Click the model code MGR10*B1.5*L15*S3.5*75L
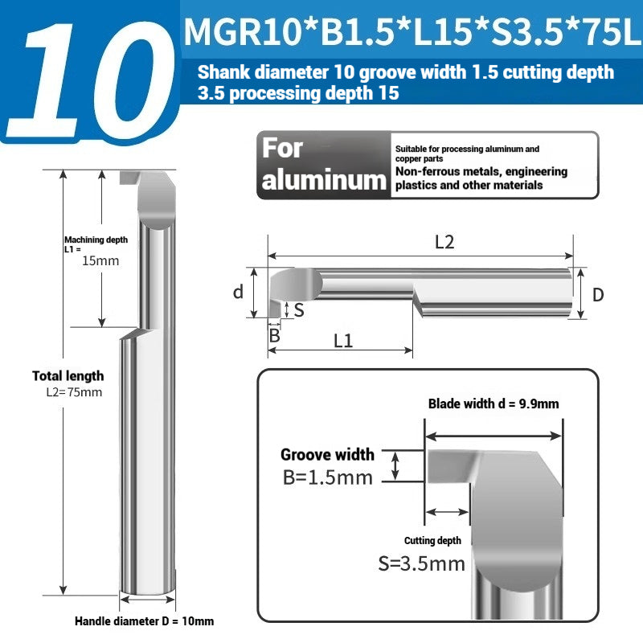pyautogui.click(x=412, y=34)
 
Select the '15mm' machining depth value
pyautogui.click(x=100, y=260)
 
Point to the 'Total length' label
pyautogui.click(x=68, y=375)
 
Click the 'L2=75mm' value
pyautogui.click(x=73, y=392)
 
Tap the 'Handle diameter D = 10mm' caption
pyautogui.click(x=145, y=621)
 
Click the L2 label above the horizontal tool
pyautogui.click(x=444, y=242)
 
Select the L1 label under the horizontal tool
pyautogui.click(x=343, y=340)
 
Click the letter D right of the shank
pyautogui.click(x=598, y=295)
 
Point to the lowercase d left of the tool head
pyautogui.click(x=238, y=292)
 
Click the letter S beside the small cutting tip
pyautogui.click(x=299, y=309)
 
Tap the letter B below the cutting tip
pyautogui.click(x=274, y=335)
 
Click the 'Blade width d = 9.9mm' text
pyautogui.click(x=493, y=403)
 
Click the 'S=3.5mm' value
pyautogui.click(x=421, y=563)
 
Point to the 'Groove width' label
pyautogui.click(x=327, y=455)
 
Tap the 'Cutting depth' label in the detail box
pyautogui.click(x=432, y=541)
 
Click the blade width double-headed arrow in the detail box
pyautogui.click(x=494, y=436)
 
